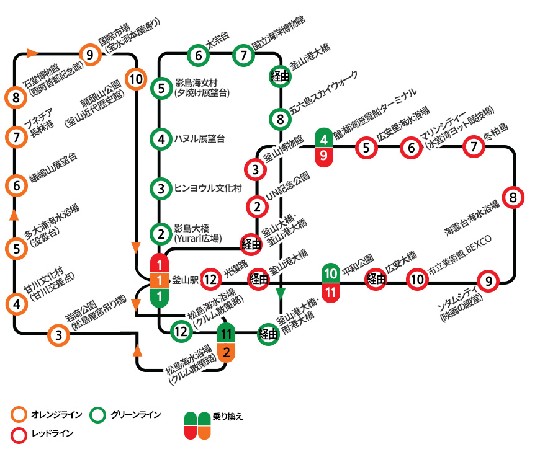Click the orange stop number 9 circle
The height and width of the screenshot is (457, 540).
click(91, 55)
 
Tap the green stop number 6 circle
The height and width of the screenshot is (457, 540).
click(199, 55)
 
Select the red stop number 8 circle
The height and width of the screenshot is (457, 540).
click(513, 198)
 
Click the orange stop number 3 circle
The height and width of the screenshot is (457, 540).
click(58, 335)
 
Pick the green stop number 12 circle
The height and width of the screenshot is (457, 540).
click(181, 331)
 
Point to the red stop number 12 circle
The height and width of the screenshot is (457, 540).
click(211, 280)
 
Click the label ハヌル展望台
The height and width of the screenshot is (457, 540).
click(199, 139)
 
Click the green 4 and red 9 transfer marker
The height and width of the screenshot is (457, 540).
click(325, 148)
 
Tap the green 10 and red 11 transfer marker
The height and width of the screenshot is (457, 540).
click(331, 283)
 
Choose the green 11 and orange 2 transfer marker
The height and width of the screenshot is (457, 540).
click(226, 343)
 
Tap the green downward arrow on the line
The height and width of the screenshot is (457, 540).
click(281, 293)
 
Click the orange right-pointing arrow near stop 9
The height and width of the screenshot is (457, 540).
click(33, 53)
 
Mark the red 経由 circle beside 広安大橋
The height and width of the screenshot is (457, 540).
click(376, 280)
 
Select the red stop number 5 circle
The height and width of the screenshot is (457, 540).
click(367, 148)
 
